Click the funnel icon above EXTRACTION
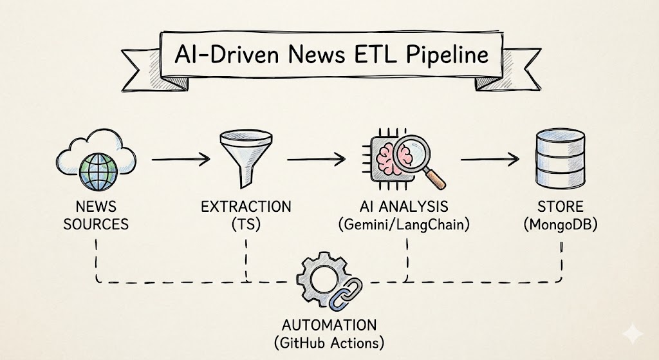(x=245, y=154)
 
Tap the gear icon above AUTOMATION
(x=320, y=281)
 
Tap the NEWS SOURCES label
(x=96, y=216)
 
